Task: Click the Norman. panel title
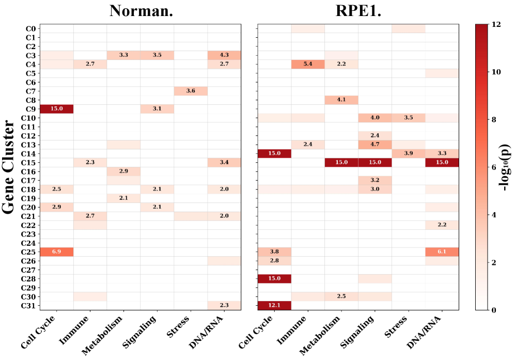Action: pyautogui.click(x=141, y=11)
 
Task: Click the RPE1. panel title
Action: pyautogui.click(x=357, y=11)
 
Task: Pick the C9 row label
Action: pyautogui.click(x=30, y=108)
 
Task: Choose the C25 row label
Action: pyautogui.click(x=29, y=252)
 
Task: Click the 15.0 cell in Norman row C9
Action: pyautogui.click(x=57, y=108)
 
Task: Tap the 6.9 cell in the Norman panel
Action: pyautogui.click(x=57, y=252)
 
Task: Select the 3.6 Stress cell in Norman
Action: pyautogui.click(x=191, y=91)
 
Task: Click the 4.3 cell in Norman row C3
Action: pyautogui.click(x=224, y=55)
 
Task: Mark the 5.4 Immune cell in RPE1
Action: pyautogui.click(x=307, y=64)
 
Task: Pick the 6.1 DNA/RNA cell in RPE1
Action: pyautogui.click(x=442, y=252)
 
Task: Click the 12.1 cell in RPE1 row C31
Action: pyautogui.click(x=274, y=305)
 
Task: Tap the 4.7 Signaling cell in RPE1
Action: pyautogui.click(x=374, y=145)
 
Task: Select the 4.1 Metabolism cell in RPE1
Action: pyautogui.click(x=341, y=100)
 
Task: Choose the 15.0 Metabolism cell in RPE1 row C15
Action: pyautogui.click(x=341, y=162)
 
